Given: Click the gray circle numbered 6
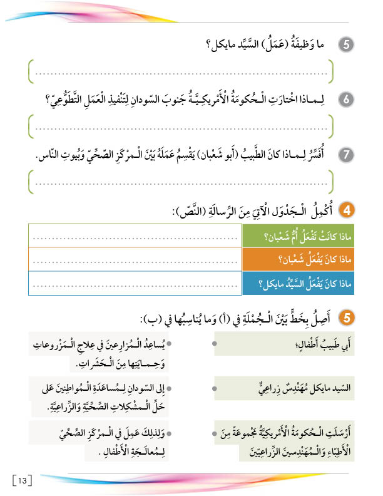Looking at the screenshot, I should tap(345, 100).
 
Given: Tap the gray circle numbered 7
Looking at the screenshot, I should tap(345, 154).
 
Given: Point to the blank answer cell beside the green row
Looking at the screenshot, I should tap(134, 235).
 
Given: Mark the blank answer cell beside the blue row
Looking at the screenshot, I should tap(134, 283).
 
